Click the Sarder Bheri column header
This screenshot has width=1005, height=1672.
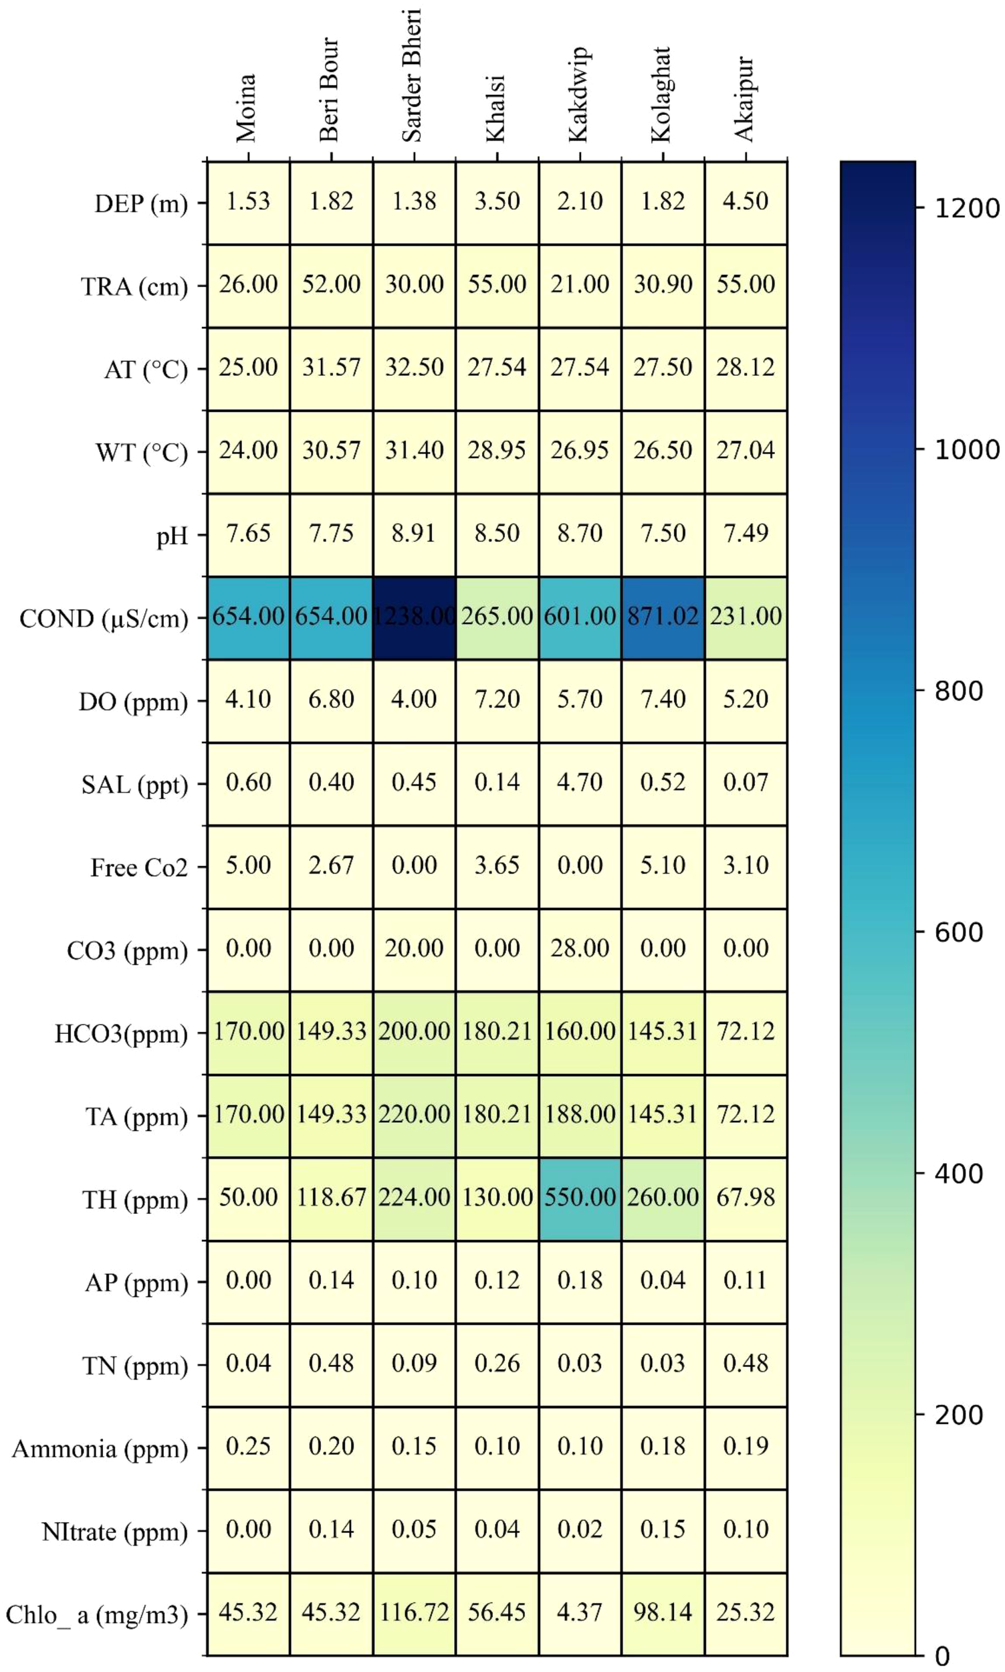pos(412,76)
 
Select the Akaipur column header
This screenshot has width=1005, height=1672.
pos(744,99)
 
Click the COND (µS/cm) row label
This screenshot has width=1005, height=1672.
pos(104,618)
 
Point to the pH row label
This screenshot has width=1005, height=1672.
pos(172,536)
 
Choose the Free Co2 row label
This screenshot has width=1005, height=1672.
pos(139,867)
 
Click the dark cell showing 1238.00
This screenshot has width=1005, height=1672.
pos(414,617)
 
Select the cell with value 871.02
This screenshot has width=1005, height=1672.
pos(663,617)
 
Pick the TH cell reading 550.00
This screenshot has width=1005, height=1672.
pos(580,1197)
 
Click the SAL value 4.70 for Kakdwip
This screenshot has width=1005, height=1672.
pos(580,783)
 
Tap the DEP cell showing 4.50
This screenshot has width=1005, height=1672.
pos(745,202)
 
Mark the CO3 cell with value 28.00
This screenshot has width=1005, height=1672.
pos(580,949)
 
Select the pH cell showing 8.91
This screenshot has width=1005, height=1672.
pos(414,534)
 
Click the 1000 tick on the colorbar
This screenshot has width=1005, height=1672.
pos(966,449)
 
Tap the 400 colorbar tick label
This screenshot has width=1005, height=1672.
pos(958,1174)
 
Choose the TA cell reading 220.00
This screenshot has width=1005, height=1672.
pos(414,1115)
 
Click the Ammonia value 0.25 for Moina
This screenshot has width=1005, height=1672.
pos(248,1447)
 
